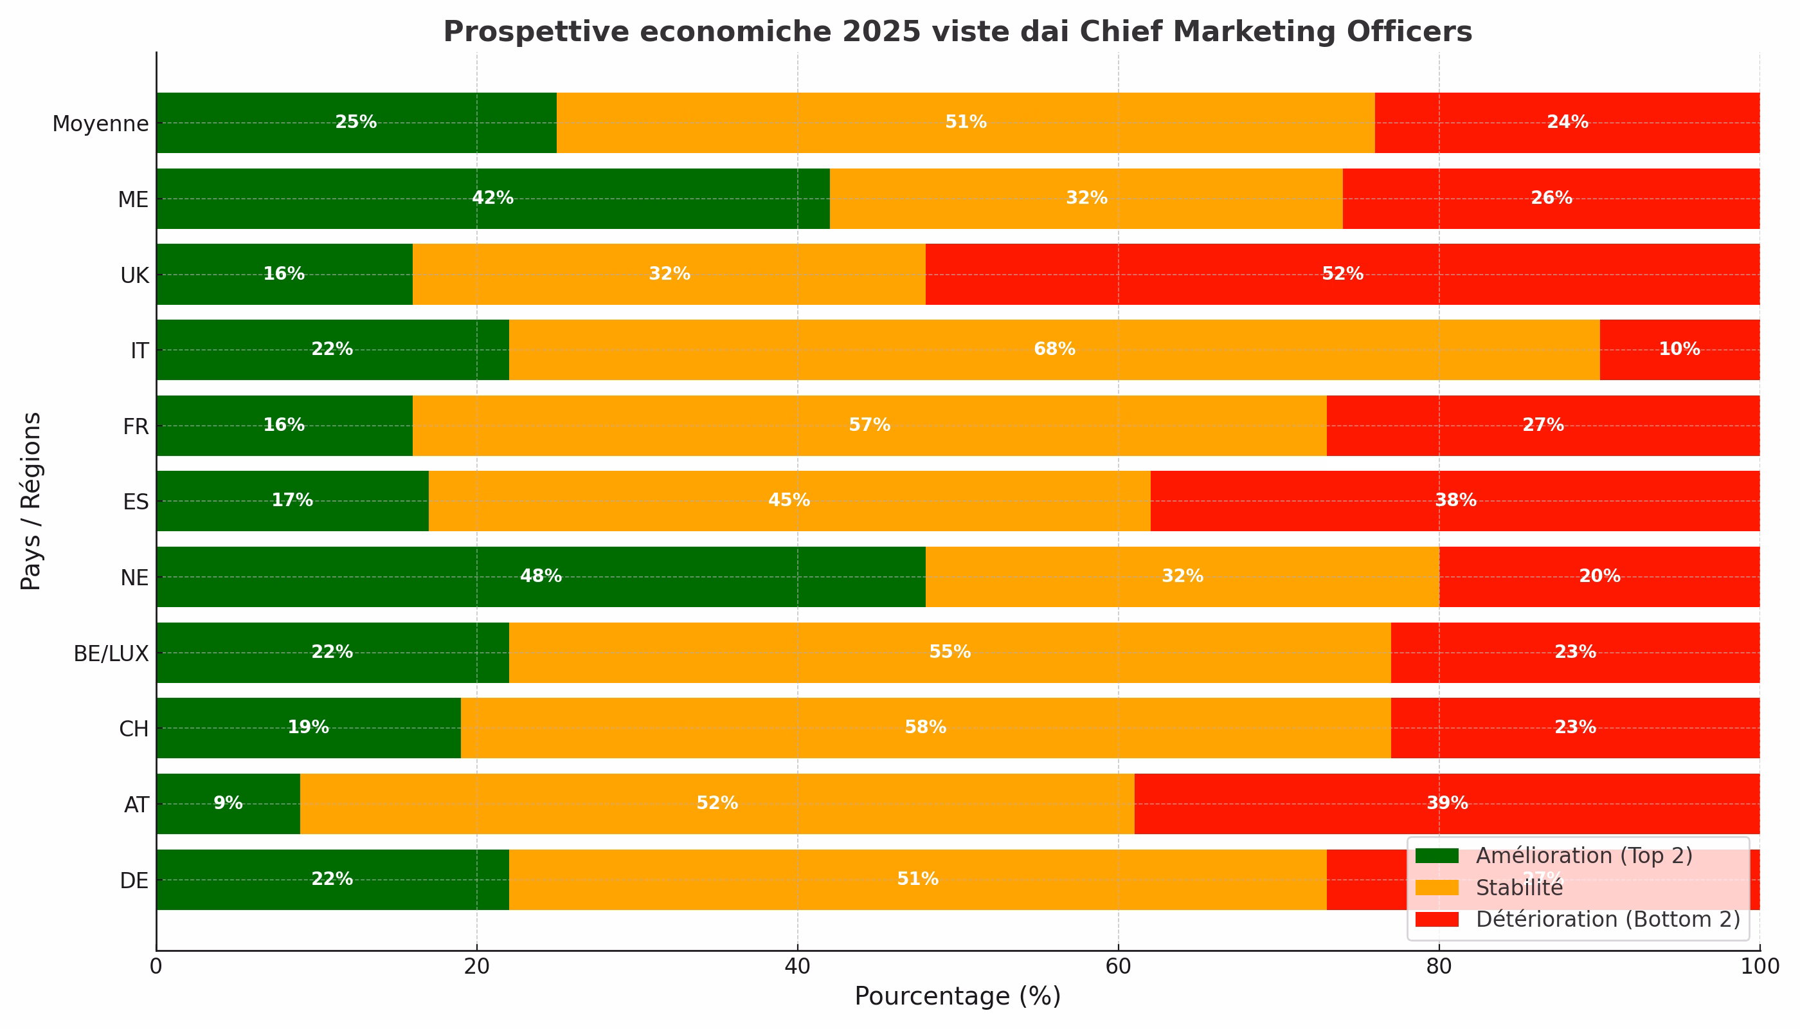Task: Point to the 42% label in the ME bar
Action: coord(492,199)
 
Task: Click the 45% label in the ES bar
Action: coord(788,501)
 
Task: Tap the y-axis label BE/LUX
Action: coord(111,653)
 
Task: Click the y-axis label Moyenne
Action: coord(100,123)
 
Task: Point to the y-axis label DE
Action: coord(134,880)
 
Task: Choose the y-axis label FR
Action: coord(136,427)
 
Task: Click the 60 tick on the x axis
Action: coord(1119,966)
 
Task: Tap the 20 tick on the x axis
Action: coord(477,966)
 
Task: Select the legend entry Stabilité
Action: coord(1519,888)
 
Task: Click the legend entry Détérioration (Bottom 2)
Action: coord(1608,919)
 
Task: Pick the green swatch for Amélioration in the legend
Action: coord(1437,856)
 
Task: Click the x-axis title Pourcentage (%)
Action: coord(957,996)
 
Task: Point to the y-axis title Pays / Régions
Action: coord(31,501)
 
